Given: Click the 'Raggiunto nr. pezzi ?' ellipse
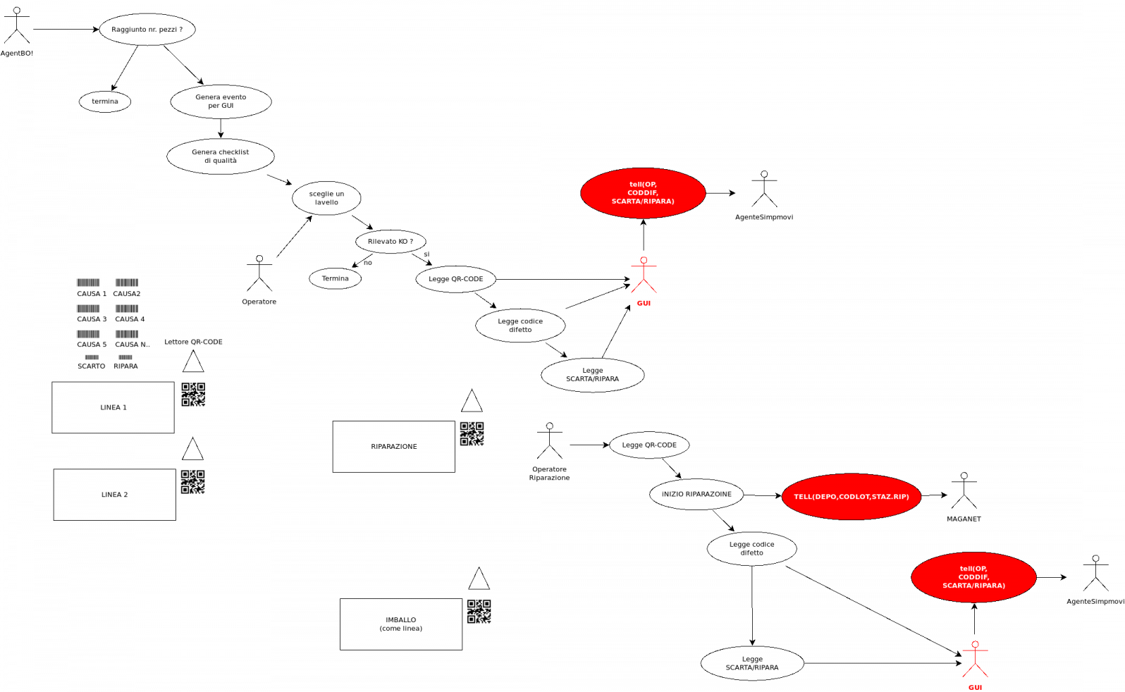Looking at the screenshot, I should [147, 30].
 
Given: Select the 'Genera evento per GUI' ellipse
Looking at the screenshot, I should [221, 101].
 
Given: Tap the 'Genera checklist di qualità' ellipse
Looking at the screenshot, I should [220, 156].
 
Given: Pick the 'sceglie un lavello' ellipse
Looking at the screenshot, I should [326, 198].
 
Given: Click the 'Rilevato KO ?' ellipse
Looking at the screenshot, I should [391, 242].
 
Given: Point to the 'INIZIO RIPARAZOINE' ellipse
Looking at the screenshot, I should [696, 494].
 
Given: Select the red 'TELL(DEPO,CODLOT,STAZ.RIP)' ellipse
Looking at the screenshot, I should [851, 497].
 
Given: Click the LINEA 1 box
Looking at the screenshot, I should [113, 407].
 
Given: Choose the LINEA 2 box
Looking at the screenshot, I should [114, 495].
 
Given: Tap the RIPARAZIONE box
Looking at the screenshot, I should [393, 447].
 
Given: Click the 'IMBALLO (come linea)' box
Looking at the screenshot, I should [400, 624].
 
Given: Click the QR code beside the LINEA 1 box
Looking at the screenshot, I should [193, 395].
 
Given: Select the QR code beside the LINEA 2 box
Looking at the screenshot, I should [192, 482].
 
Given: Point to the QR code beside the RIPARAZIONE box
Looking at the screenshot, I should [472, 434].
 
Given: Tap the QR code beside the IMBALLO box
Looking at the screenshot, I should [479, 612].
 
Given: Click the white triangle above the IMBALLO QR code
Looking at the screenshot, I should [479, 580].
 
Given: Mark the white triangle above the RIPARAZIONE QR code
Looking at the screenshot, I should [472, 402].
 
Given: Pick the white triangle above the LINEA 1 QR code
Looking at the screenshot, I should [193, 363].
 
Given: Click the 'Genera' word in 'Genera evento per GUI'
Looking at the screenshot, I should [207, 97].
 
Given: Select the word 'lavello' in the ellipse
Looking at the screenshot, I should [326, 202].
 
